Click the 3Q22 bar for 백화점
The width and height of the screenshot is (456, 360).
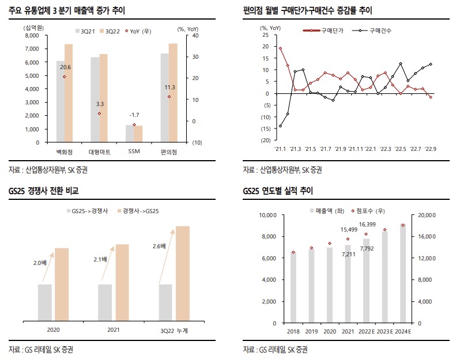69,93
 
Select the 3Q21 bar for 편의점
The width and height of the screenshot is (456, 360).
164,97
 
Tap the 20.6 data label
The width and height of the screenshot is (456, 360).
65,67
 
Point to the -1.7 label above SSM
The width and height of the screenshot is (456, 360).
134,115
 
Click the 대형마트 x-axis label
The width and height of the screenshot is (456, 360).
99,151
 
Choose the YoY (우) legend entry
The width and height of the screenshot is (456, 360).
141,29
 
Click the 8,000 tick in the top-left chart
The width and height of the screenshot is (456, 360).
30,36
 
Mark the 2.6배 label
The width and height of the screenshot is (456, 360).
160,246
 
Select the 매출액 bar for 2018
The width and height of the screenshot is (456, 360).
293,287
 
